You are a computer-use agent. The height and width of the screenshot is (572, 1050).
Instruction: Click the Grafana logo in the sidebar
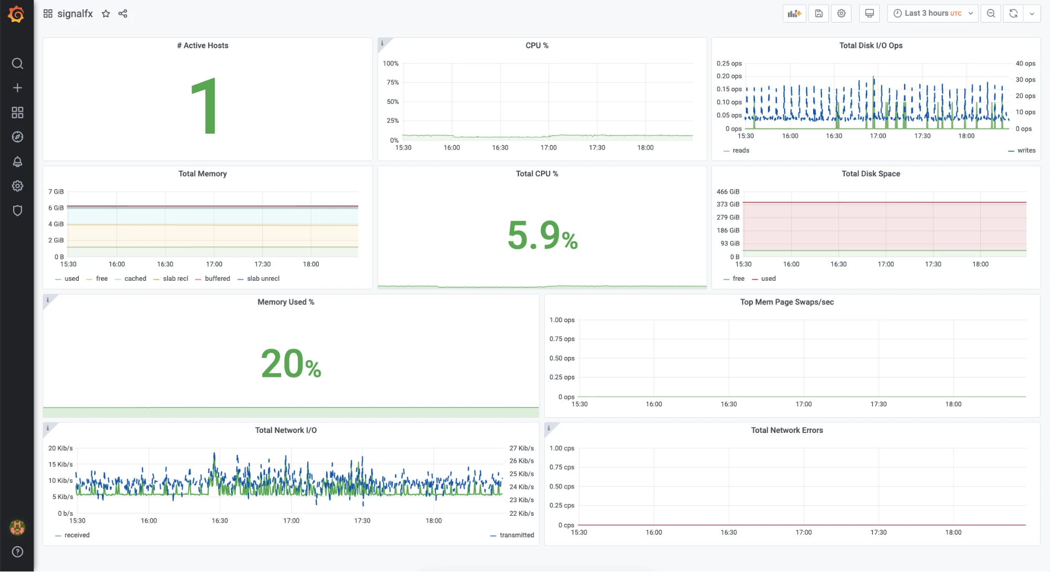coord(16,14)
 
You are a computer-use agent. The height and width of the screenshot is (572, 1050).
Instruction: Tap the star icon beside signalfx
coord(106,14)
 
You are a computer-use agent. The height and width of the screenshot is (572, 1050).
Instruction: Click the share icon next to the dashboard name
coord(123,14)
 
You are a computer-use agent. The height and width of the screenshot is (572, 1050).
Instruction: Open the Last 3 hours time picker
coord(932,14)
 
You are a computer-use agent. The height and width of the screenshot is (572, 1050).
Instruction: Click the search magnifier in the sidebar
coord(17,63)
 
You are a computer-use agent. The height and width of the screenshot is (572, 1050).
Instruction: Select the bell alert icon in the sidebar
coord(17,162)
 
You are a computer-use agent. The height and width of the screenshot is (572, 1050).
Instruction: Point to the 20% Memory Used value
coord(291,363)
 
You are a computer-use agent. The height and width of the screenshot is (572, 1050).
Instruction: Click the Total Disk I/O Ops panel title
coord(871,46)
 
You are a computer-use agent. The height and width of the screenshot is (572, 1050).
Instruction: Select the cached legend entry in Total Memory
coord(131,279)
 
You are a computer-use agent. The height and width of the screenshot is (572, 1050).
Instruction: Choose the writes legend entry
coord(1022,151)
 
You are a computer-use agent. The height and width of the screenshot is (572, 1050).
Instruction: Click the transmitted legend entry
coord(512,535)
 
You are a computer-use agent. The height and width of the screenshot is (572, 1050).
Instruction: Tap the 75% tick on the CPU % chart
coord(393,82)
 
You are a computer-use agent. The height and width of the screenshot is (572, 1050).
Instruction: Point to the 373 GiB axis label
coord(728,205)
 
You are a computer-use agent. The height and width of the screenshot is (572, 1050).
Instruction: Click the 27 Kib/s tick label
coord(522,448)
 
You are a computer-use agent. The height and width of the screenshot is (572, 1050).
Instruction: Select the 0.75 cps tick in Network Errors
coord(562,467)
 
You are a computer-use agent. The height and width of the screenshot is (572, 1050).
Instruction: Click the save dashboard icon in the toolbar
coord(819,14)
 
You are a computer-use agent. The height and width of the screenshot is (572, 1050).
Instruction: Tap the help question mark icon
coord(17,552)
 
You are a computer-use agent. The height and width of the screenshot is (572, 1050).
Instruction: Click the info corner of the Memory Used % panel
coord(48,300)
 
